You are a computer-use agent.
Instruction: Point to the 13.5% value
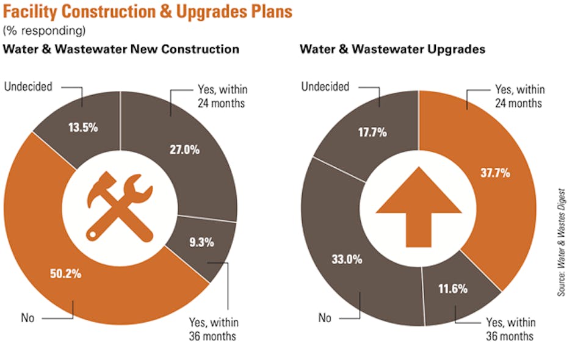tap(84, 129)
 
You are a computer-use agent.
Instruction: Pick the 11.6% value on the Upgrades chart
tap(452, 289)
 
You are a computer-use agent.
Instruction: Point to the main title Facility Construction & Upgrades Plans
tap(148, 11)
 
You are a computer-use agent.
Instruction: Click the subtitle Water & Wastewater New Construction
tap(121, 49)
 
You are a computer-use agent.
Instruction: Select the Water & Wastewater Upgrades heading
tap(392, 49)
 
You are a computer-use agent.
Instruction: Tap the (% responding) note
tap(44, 30)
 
